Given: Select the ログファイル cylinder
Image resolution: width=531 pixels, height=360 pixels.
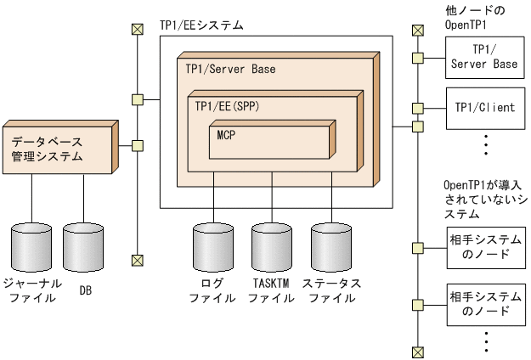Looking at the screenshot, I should click(x=212, y=247).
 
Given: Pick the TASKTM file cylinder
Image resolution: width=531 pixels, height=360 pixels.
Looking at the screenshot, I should click(x=272, y=247).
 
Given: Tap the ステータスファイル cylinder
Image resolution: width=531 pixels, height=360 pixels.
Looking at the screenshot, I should click(x=331, y=247).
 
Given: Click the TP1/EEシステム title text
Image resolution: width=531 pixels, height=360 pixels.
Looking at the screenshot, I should click(x=201, y=25).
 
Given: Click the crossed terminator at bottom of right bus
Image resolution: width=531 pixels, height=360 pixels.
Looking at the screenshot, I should click(x=416, y=352).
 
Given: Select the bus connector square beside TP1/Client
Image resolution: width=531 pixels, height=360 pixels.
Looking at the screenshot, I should click(x=416, y=109).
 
